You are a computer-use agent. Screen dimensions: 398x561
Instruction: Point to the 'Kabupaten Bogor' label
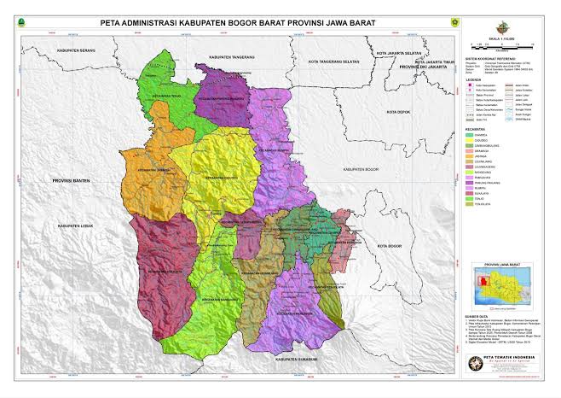(x=357, y=170)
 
